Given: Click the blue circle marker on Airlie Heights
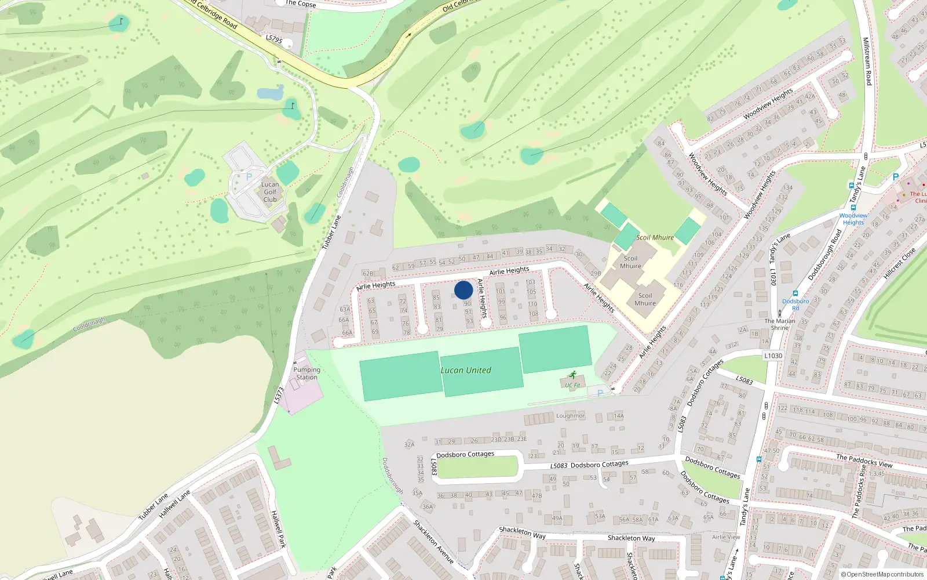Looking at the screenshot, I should (x=463, y=290).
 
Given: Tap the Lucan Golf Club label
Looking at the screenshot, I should (x=270, y=192).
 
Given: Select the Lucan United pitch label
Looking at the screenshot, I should (x=466, y=370).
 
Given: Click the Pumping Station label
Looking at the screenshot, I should (x=306, y=374).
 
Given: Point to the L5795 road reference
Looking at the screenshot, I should (x=274, y=39).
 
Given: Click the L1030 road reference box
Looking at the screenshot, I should (x=773, y=356).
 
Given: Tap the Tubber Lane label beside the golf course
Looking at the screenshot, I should (x=331, y=233).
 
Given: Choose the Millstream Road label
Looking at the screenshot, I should (x=867, y=61).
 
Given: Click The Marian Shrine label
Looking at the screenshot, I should (x=780, y=324).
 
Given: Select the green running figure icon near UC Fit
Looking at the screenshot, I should (x=573, y=375).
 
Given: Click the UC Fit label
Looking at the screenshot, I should (x=572, y=385).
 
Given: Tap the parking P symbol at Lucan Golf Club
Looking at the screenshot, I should (x=249, y=177).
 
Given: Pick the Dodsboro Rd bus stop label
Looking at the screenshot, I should (x=795, y=304).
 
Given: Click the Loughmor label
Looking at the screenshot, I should (x=570, y=416).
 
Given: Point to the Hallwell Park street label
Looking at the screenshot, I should (x=279, y=529).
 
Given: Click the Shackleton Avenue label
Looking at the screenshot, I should (x=433, y=542).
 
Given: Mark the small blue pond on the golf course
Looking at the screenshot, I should (x=270, y=92).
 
